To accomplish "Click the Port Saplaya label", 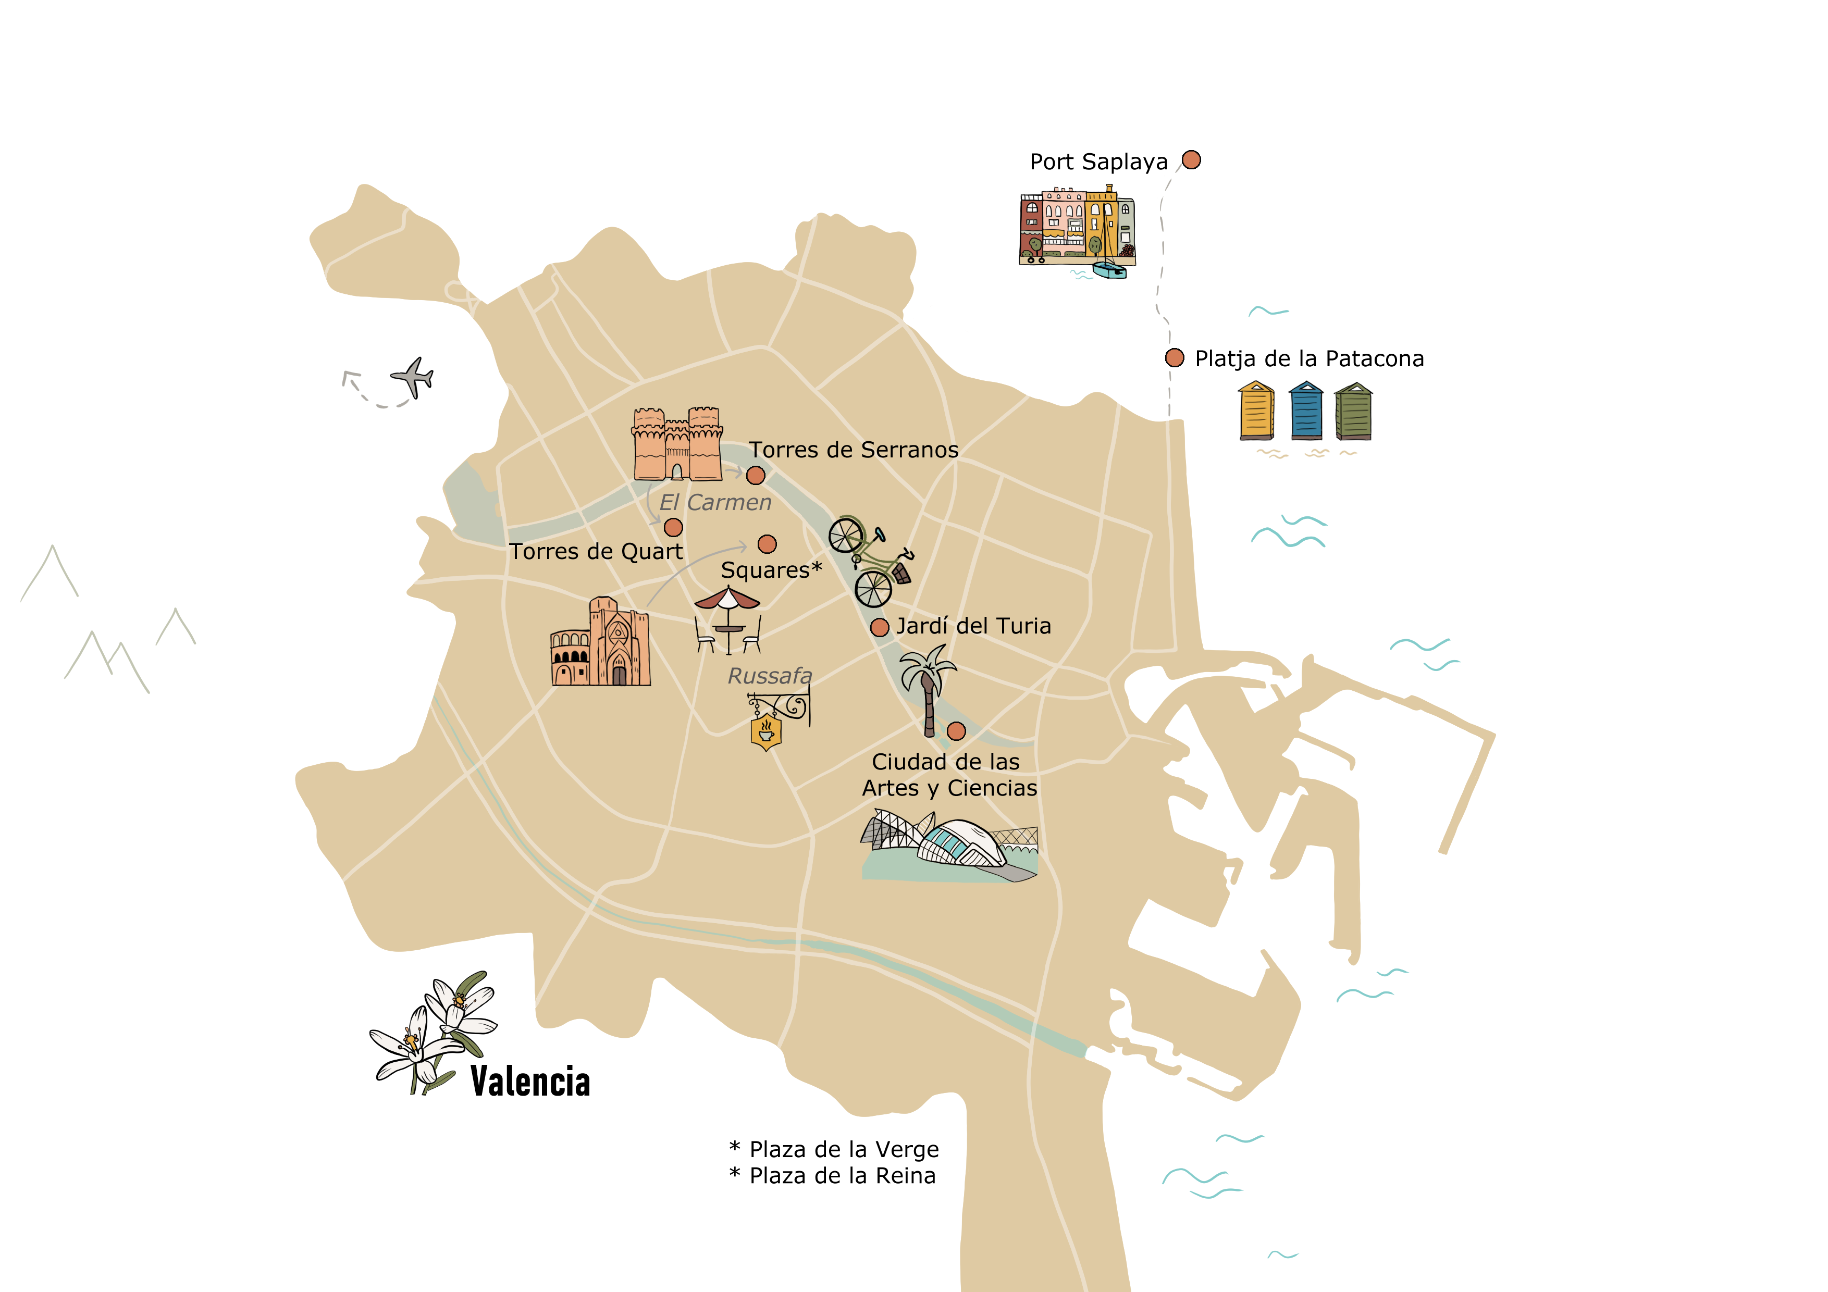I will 1098,163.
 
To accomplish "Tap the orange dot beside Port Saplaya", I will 1191,160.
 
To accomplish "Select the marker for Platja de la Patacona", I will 1175,357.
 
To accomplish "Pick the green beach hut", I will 1353,412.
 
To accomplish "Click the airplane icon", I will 412,377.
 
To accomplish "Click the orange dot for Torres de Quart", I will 674,527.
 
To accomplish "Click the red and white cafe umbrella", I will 727,599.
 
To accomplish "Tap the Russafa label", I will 770,676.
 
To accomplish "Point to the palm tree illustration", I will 928,689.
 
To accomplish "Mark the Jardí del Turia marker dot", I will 880,627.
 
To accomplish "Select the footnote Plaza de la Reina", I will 842,1176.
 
